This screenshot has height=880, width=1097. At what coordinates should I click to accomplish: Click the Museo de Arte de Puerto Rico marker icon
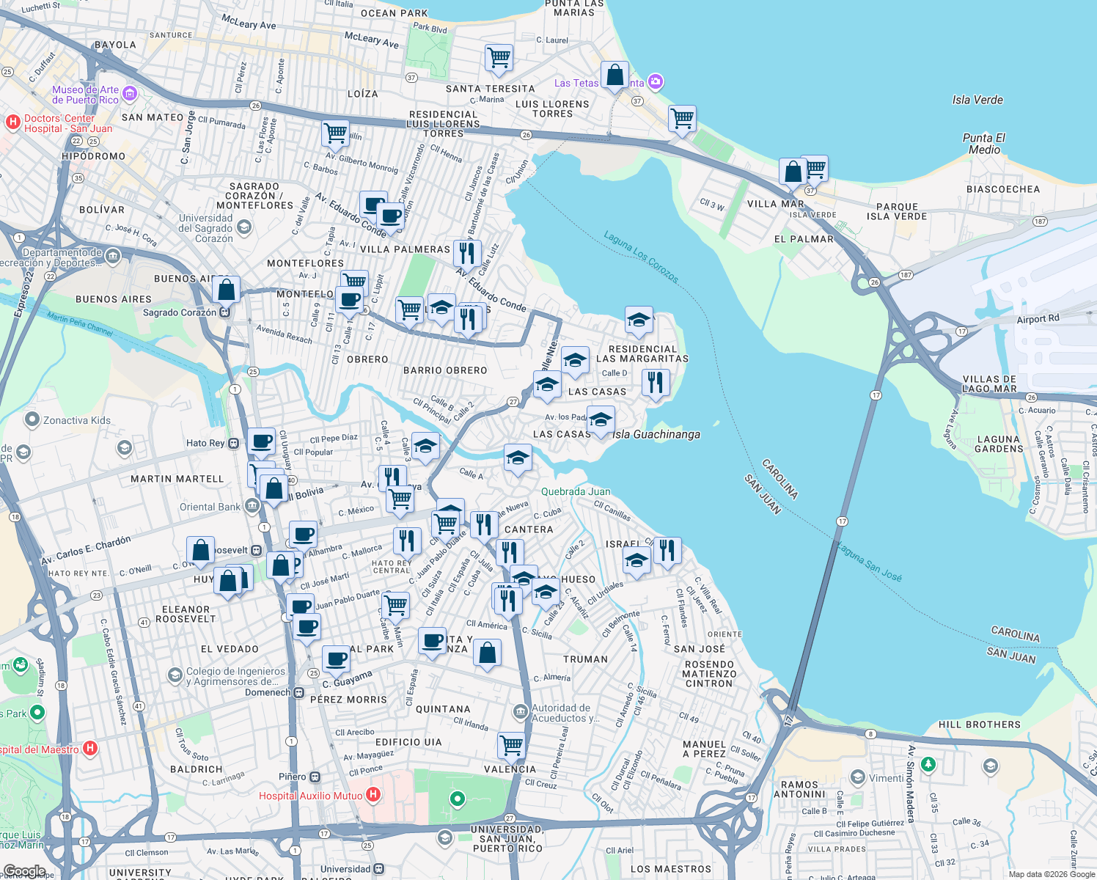click(130, 93)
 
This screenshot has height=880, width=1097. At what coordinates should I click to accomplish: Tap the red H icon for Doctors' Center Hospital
click(12, 122)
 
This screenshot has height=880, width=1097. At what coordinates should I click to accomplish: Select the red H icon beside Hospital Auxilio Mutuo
click(373, 794)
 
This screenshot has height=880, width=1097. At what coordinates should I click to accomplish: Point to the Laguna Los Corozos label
click(641, 257)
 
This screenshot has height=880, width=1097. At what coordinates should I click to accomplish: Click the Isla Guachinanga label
click(656, 434)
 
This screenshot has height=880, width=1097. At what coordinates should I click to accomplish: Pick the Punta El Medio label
click(983, 144)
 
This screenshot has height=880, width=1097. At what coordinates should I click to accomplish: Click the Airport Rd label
click(1038, 319)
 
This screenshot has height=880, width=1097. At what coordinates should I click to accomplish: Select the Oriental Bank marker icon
click(252, 506)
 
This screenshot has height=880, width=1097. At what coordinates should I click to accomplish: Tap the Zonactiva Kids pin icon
click(32, 419)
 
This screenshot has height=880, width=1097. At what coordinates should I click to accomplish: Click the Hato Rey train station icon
click(233, 443)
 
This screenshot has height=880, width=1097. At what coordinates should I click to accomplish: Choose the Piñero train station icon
click(315, 777)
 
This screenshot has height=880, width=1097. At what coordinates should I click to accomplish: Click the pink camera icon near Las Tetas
click(656, 81)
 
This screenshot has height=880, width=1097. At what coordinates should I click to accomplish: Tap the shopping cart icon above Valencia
click(511, 745)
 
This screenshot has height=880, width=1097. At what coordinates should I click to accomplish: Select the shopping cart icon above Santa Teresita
click(499, 57)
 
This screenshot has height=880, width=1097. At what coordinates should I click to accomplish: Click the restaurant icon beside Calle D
click(656, 383)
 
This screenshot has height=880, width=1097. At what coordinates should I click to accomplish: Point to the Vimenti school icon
click(857, 777)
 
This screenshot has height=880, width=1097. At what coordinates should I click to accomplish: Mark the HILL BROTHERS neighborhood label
click(979, 725)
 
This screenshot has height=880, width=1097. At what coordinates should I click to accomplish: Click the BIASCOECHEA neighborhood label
click(1002, 189)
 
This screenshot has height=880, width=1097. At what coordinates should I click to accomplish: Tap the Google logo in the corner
click(24, 871)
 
